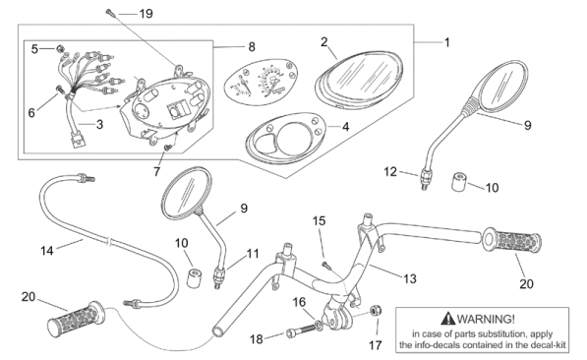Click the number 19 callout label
click(x=146, y=14)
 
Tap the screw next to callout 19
click(x=111, y=12)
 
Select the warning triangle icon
click(x=447, y=319)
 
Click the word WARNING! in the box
click(x=486, y=319)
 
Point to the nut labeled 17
click(x=376, y=311)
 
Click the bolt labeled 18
click(x=301, y=331)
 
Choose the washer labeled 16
click(x=319, y=324)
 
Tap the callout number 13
click(x=410, y=278)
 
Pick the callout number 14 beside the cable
click(x=47, y=250)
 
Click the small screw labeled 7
click(x=168, y=148)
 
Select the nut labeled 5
click(x=60, y=49)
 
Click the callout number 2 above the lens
click(x=324, y=41)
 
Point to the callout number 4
click(x=345, y=127)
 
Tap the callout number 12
click(x=390, y=171)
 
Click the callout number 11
click(x=253, y=254)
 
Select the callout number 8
click(x=252, y=47)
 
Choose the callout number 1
click(x=446, y=42)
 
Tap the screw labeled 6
click(x=59, y=89)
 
